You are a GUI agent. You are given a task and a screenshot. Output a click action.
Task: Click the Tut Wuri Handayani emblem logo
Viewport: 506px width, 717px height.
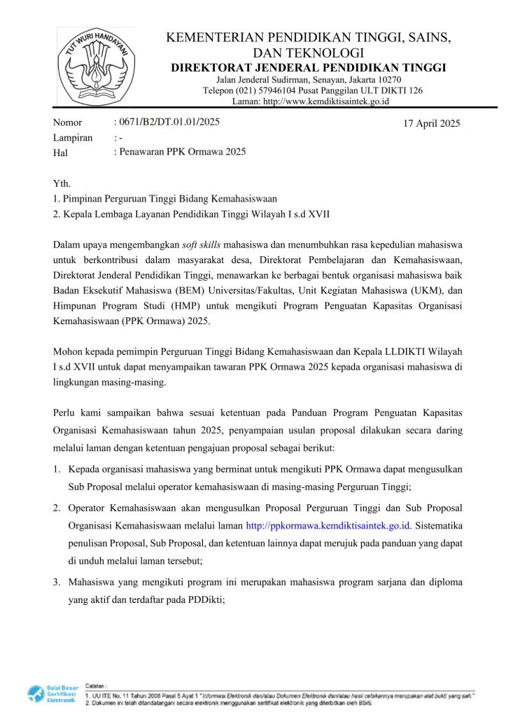pyautogui.click(x=96, y=65)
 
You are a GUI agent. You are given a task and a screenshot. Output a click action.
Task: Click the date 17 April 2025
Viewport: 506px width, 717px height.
pyautogui.click(x=432, y=124)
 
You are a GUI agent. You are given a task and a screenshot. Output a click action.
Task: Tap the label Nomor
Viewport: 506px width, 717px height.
pyautogui.click(x=67, y=123)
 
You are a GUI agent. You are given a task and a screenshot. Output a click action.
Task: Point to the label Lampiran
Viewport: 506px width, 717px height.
pyautogui.click(x=73, y=138)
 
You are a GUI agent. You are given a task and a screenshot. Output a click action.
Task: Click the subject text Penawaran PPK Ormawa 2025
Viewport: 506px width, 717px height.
pyautogui.click(x=181, y=152)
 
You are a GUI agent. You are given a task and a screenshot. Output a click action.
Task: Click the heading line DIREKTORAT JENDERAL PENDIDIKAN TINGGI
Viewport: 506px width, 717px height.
pyautogui.click(x=309, y=67)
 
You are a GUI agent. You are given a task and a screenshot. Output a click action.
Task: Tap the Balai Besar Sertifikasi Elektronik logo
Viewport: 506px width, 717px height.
pyautogui.click(x=51, y=693)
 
